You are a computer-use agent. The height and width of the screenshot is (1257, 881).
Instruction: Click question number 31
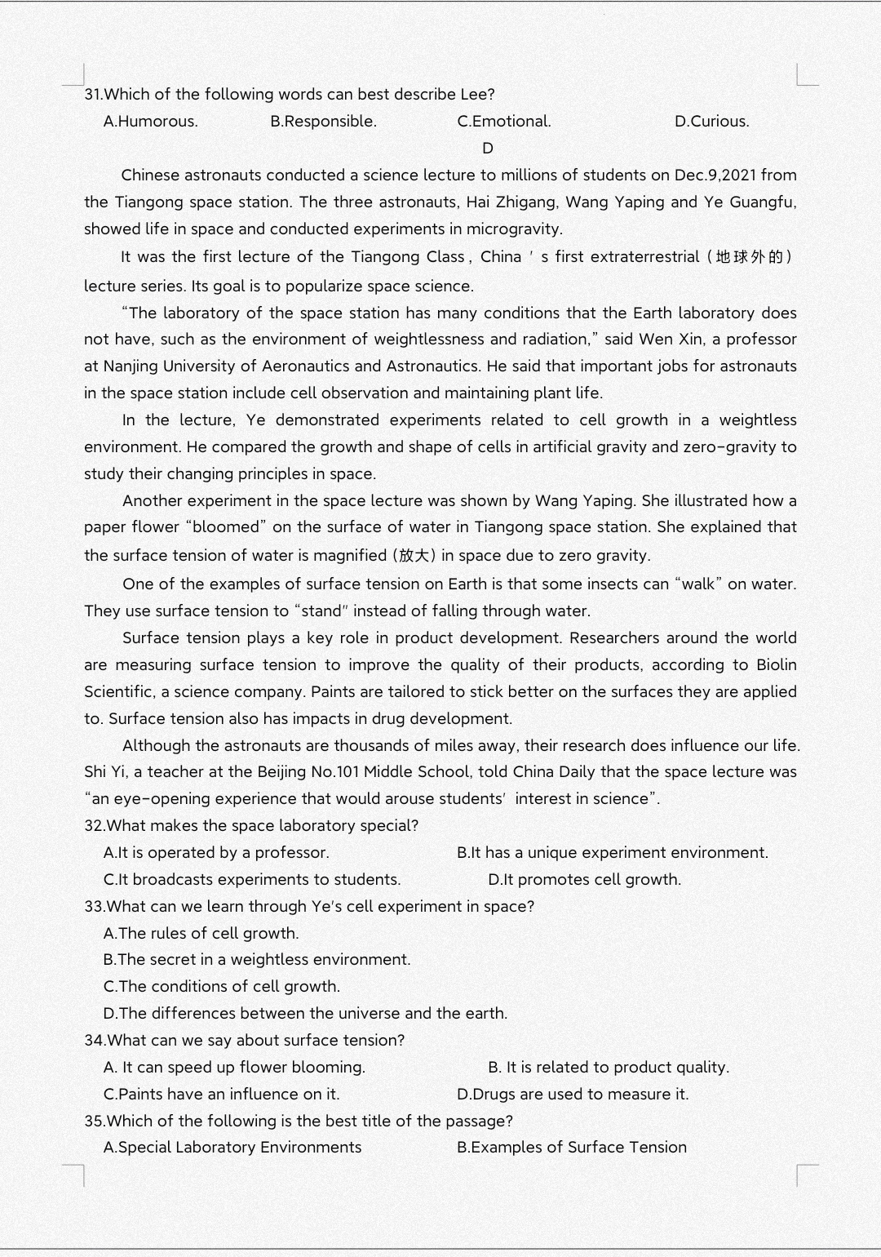94,95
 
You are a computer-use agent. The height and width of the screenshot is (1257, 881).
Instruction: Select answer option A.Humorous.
150,122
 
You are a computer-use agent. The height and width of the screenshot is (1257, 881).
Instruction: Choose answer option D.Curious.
711,122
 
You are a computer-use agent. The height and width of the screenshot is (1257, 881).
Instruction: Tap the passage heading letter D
488,149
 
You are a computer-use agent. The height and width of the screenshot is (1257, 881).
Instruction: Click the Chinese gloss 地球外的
749,257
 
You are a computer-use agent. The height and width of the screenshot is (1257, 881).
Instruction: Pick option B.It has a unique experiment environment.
612,853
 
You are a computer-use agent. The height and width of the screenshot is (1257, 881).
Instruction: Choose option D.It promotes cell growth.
584,880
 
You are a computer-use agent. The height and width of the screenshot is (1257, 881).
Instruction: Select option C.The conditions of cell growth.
221,987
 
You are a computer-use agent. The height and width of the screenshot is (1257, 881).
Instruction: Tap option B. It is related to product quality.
609,1068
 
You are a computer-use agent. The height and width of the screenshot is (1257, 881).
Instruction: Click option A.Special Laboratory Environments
232,1148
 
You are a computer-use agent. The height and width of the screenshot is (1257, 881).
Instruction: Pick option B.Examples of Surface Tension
571,1148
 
